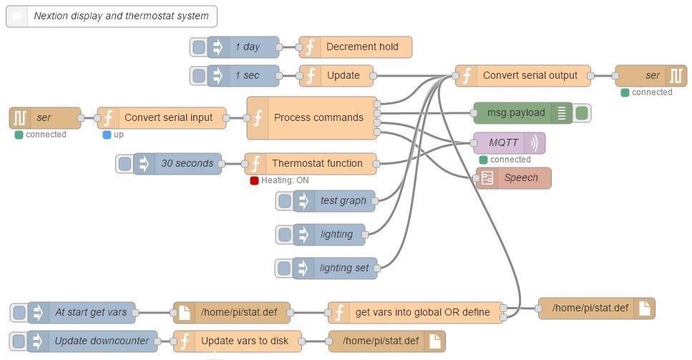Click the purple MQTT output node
(509, 143)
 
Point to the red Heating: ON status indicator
(254, 181)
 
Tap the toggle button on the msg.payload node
(581, 112)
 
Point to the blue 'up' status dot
(107, 135)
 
